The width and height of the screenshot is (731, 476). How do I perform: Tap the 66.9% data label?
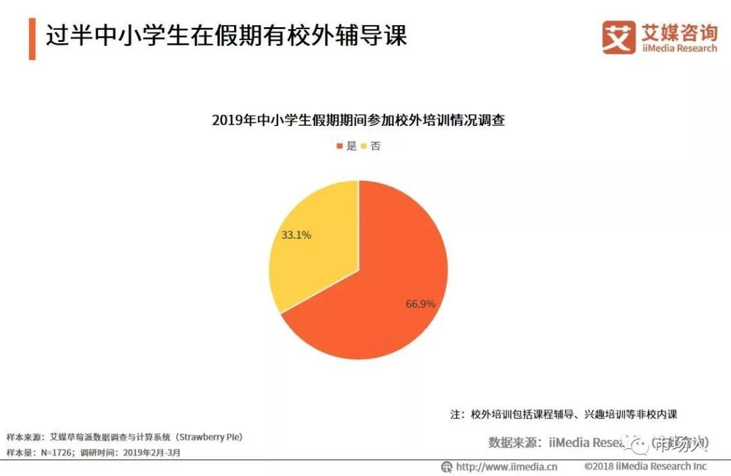[x=420, y=303]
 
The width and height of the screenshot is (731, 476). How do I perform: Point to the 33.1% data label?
[x=296, y=236]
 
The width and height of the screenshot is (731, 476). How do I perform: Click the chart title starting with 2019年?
[x=358, y=121]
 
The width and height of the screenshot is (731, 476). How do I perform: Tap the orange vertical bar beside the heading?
[x=32, y=38]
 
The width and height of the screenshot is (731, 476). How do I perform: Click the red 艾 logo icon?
[x=619, y=37]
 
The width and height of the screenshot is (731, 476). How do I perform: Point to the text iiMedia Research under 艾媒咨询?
[x=679, y=49]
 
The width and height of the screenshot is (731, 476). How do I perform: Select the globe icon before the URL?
[x=447, y=467]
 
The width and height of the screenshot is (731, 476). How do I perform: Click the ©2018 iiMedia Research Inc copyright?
[x=646, y=467]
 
